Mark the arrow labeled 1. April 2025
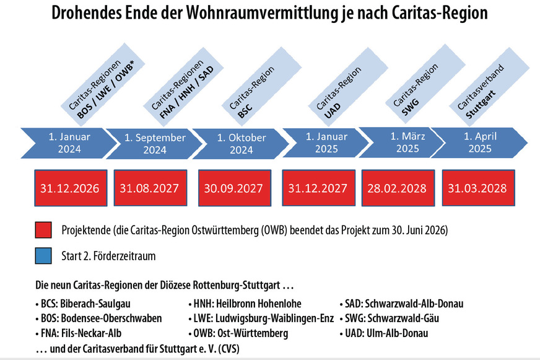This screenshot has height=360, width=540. click(479, 143)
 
